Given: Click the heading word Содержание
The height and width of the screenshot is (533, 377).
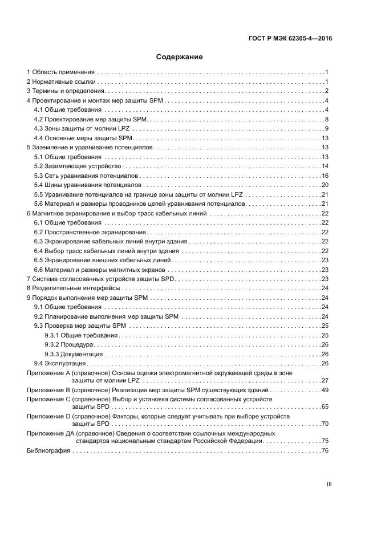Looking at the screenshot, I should (x=179, y=57).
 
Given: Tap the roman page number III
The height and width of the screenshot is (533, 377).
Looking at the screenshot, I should (x=329, y=484).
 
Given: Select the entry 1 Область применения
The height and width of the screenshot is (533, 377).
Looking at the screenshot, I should (x=61, y=72).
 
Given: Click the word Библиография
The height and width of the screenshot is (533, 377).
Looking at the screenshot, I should (x=48, y=451).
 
